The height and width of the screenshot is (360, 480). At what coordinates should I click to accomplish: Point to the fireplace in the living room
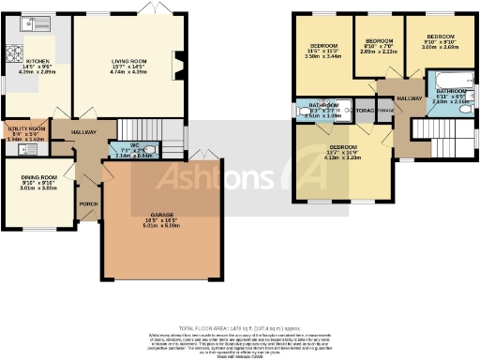coord(178,66)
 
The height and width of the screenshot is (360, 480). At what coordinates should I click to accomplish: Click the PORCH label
coord(88,203)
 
